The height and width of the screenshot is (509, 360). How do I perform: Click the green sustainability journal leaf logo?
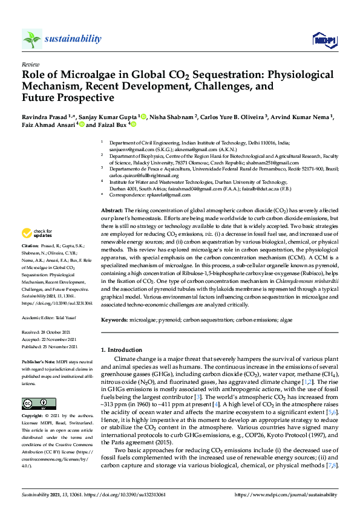coord(32,39)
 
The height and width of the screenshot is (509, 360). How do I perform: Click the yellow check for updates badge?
coord(36,233)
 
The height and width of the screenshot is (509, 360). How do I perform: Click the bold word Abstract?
coord(112,209)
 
